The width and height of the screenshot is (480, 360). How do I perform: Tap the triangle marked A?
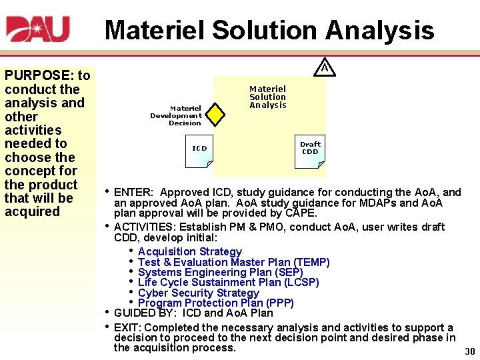click(324, 67)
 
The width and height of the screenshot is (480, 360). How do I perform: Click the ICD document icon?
click(200, 150)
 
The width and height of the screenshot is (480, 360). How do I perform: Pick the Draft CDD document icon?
click(310, 149)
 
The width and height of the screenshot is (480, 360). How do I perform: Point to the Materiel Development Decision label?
click(176, 115)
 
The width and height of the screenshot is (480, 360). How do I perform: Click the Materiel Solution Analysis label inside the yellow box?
click(267, 97)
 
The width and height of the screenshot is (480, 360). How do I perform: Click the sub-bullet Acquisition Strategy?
click(189, 251)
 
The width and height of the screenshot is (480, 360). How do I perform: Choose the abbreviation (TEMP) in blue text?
click(311, 262)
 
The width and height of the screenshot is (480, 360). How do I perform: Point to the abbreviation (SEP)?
click(289, 272)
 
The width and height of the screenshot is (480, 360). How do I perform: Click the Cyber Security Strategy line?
click(198, 293)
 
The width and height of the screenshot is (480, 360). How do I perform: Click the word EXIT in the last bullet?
click(127, 327)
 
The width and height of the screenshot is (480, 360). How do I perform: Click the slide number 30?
click(469, 351)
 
